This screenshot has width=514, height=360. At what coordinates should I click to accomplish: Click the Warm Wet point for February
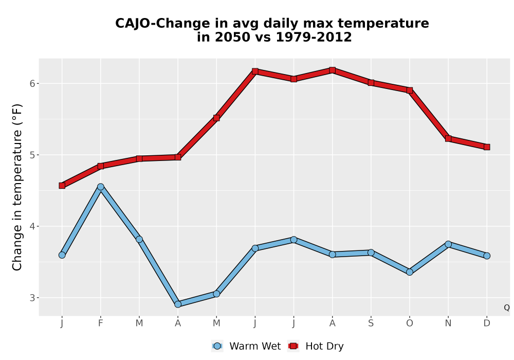101,187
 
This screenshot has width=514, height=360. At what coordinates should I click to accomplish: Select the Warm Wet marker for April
178,304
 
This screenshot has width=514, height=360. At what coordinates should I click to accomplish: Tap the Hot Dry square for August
332,70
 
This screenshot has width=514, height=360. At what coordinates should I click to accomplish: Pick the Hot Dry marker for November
448,139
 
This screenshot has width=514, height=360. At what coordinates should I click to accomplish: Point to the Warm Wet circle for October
410,272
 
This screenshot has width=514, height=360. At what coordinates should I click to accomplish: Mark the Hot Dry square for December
487,147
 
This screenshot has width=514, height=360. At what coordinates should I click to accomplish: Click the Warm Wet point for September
371,253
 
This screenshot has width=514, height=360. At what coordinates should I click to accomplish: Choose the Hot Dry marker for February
101,166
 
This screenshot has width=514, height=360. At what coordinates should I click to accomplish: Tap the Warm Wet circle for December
487,256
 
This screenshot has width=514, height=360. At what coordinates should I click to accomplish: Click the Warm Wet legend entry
246,346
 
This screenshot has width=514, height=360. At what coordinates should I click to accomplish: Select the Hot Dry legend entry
316,346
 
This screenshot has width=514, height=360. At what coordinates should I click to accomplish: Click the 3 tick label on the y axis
32,298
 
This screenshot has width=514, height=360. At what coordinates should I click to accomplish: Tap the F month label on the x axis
101,323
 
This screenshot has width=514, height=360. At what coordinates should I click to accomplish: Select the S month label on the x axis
371,323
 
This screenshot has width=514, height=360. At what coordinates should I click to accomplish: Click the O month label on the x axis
410,323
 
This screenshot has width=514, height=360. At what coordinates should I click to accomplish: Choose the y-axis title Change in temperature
17,187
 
